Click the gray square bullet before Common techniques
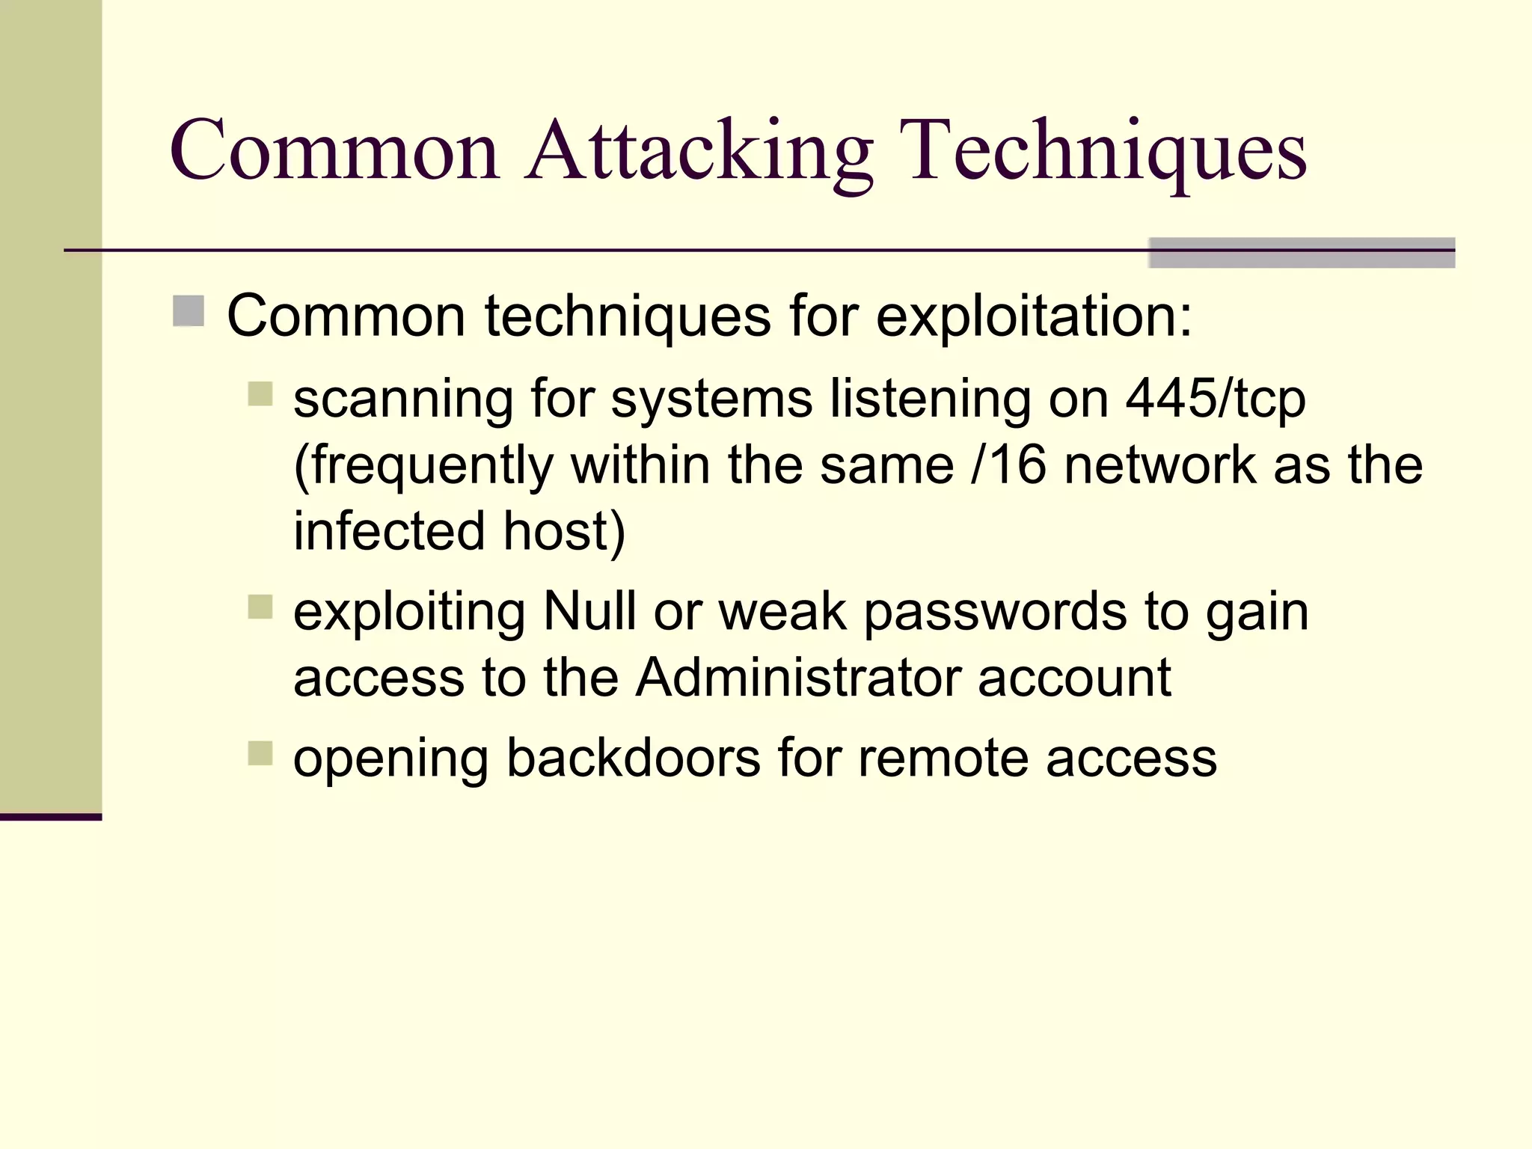click(x=189, y=311)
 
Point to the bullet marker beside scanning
click(x=260, y=393)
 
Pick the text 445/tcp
click(x=1216, y=399)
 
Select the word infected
click(x=389, y=530)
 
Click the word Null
click(x=589, y=611)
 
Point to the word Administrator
click(x=797, y=678)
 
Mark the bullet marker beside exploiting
click(x=260, y=607)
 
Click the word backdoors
click(x=634, y=758)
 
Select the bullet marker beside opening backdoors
click(x=260, y=753)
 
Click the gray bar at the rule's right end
click(x=1301, y=253)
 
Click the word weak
click(x=782, y=611)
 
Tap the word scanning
click(x=403, y=399)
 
